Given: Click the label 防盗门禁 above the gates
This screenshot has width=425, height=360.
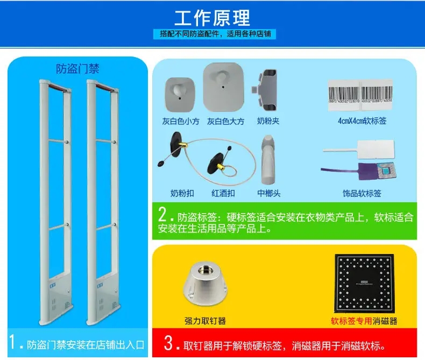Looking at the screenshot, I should pyautogui.click(x=78, y=69).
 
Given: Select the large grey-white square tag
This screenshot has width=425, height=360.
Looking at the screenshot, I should pyautogui.click(x=224, y=86).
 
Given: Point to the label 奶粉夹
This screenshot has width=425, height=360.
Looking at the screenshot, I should pyautogui.click(x=268, y=122).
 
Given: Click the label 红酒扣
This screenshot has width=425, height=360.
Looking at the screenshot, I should pyautogui.click(x=223, y=193).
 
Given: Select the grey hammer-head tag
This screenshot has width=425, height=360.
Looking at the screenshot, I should pyautogui.click(x=268, y=160).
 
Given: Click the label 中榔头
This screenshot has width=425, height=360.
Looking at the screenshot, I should pyautogui.click(x=269, y=193).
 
